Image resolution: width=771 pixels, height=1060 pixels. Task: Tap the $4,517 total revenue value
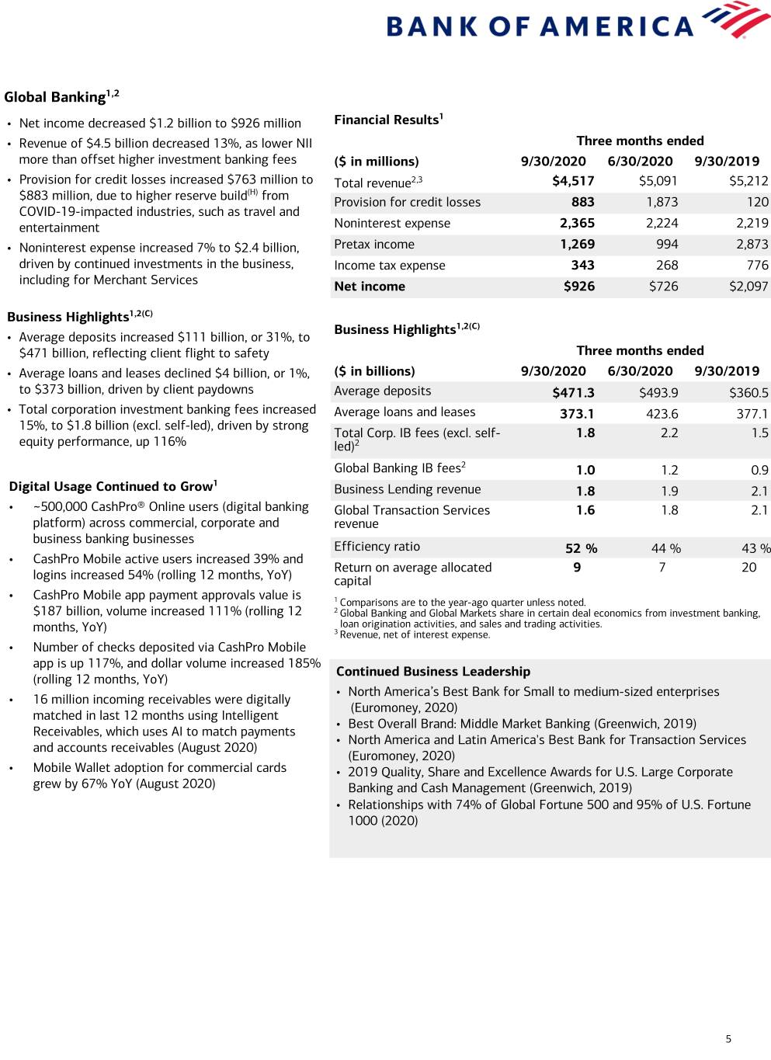pyautogui.click(x=573, y=181)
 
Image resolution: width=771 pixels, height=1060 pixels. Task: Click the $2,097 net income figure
pyautogui.click(x=748, y=287)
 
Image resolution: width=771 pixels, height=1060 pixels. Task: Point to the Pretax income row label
pyautogui.click(x=374, y=245)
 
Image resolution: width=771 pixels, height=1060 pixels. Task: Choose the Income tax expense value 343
pyautogui.click(x=582, y=266)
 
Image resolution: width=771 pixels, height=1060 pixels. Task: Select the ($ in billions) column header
pyautogui.click(x=374, y=371)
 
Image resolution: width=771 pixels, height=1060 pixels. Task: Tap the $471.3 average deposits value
pyautogui.click(x=573, y=393)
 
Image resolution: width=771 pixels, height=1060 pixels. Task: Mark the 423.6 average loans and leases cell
pyautogui.click(x=662, y=414)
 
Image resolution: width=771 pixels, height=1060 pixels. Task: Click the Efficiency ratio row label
pyautogui.click(x=377, y=547)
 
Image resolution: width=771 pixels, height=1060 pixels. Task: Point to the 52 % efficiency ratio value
pyautogui.click(x=581, y=548)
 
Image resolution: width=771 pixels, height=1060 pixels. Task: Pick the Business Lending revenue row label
pyautogui.click(x=408, y=490)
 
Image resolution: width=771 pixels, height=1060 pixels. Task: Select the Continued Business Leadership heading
pyautogui.click(x=433, y=672)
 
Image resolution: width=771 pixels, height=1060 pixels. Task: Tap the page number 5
pyautogui.click(x=728, y=1039)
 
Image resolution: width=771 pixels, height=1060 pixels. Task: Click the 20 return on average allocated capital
pyautogui.click(x=748, y=568)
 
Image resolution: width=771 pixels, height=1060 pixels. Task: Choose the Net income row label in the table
pyautogui.click(x=370, y=287)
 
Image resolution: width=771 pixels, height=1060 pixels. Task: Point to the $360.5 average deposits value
pyautogui.click(x=748, y=393)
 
